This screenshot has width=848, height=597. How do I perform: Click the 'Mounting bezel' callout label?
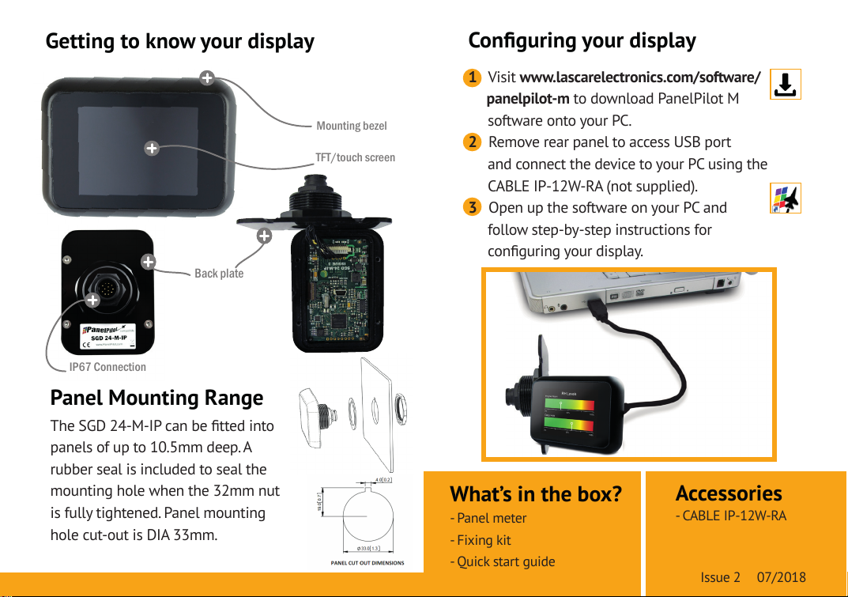coord(351,126)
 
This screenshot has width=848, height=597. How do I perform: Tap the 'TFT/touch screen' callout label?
coord(355,157)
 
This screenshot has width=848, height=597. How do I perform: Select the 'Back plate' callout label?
coord(219,274)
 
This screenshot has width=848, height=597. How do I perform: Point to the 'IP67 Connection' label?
coord(107,367)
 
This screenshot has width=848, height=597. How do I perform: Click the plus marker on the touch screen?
coord(151,148)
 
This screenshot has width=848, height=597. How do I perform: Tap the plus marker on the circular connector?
coord(93,299)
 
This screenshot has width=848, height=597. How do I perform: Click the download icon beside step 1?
coord(784,84)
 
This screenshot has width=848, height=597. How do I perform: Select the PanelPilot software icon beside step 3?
coord(785,198)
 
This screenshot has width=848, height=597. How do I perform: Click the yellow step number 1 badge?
coord(471,77)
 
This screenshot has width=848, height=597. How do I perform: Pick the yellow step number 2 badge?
coord(471,142)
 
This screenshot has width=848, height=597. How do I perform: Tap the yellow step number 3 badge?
coord(471,208)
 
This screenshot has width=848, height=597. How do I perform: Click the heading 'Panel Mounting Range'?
coord(156,397)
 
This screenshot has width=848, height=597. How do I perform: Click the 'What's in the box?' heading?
coord(535,494)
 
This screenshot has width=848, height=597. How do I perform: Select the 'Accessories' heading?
coord(729,493)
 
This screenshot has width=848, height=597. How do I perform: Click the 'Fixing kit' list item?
coord(483,540)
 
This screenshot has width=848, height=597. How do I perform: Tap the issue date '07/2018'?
coord(781,576)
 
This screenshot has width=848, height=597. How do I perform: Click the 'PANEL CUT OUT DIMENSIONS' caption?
coord(367,563)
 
